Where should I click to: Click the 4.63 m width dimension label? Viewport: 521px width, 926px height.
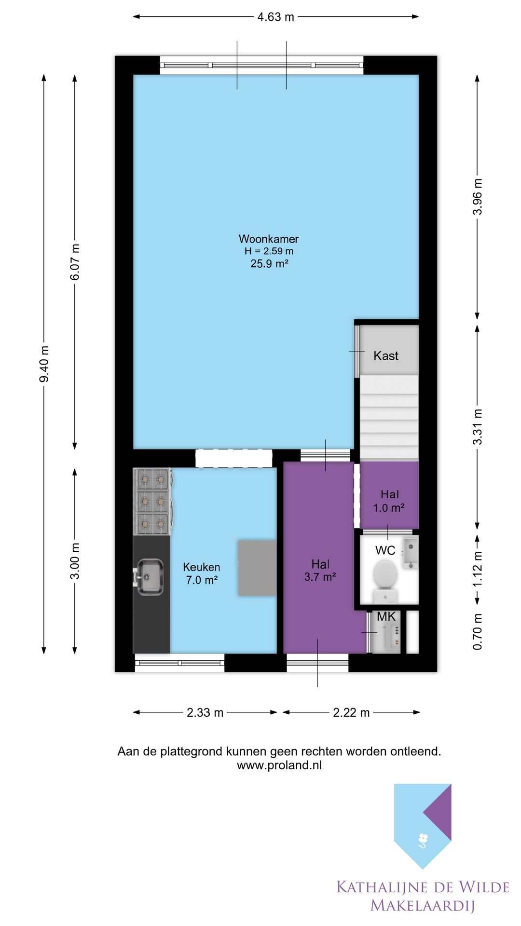[275, 17]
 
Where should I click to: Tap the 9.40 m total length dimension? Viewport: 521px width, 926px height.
[44, 364]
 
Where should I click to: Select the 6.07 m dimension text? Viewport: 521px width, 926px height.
[75, 262]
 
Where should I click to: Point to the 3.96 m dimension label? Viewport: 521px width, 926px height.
[477, 197]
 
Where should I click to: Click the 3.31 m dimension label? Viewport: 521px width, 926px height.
[477, 427]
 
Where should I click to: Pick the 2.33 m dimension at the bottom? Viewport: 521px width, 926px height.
[205, 712]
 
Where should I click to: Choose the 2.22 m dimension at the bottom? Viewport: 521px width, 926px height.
[351, 712]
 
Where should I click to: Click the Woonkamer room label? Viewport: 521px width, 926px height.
[269, 239]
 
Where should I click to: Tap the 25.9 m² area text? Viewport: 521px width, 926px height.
[269, 263]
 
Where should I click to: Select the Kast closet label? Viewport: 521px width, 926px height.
[386, 356]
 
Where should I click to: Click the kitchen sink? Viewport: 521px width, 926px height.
[148, 577]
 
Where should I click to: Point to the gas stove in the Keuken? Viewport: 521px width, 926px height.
[152, 502]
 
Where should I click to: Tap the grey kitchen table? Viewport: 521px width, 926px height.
[257, 568]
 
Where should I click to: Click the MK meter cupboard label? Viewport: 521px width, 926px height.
[386, 616]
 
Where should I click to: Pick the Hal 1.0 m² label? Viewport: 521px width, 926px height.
[389, 501]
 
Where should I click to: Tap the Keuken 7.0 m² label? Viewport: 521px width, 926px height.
[202, 573]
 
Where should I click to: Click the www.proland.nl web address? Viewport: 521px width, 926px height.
[279, 765]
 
